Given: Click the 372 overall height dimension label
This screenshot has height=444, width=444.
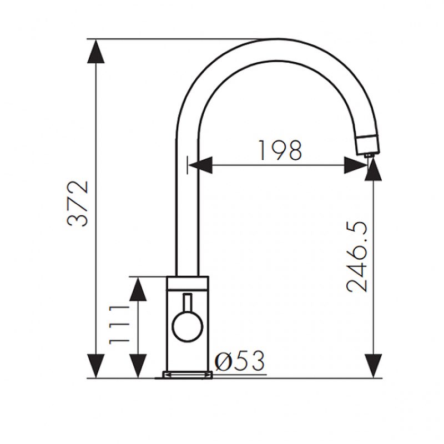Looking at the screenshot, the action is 78,203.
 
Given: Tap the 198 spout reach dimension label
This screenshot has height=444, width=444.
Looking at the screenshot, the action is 280,150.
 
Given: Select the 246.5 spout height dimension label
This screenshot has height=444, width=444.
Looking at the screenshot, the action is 357,257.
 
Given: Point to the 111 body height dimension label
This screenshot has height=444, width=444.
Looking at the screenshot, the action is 119,325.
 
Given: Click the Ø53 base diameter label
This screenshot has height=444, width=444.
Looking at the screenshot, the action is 240,361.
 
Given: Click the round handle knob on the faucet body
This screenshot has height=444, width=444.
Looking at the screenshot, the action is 188,326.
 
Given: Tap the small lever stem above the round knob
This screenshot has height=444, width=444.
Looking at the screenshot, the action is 188,302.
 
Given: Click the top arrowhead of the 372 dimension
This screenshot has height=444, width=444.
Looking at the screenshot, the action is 96,51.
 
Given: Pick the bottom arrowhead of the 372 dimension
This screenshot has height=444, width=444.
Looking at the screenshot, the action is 96,366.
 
